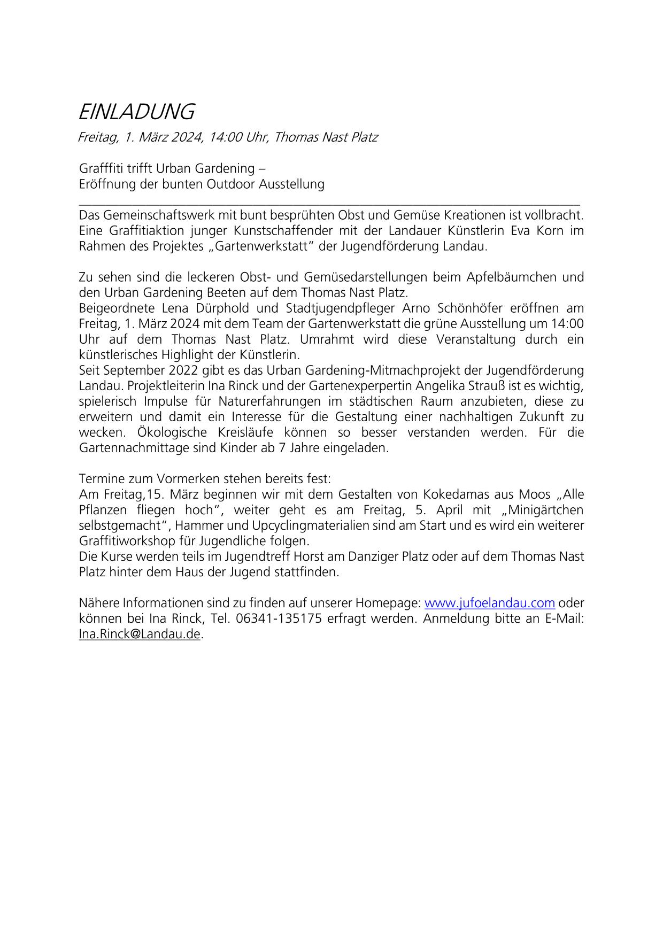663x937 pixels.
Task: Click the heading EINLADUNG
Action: click(x=136, y=112)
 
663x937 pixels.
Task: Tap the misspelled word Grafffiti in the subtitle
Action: click(x=101, y=168)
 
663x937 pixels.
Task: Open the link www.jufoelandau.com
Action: click(x=489, y=603)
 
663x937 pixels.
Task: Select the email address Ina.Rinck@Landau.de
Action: click(x=140, y=634)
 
